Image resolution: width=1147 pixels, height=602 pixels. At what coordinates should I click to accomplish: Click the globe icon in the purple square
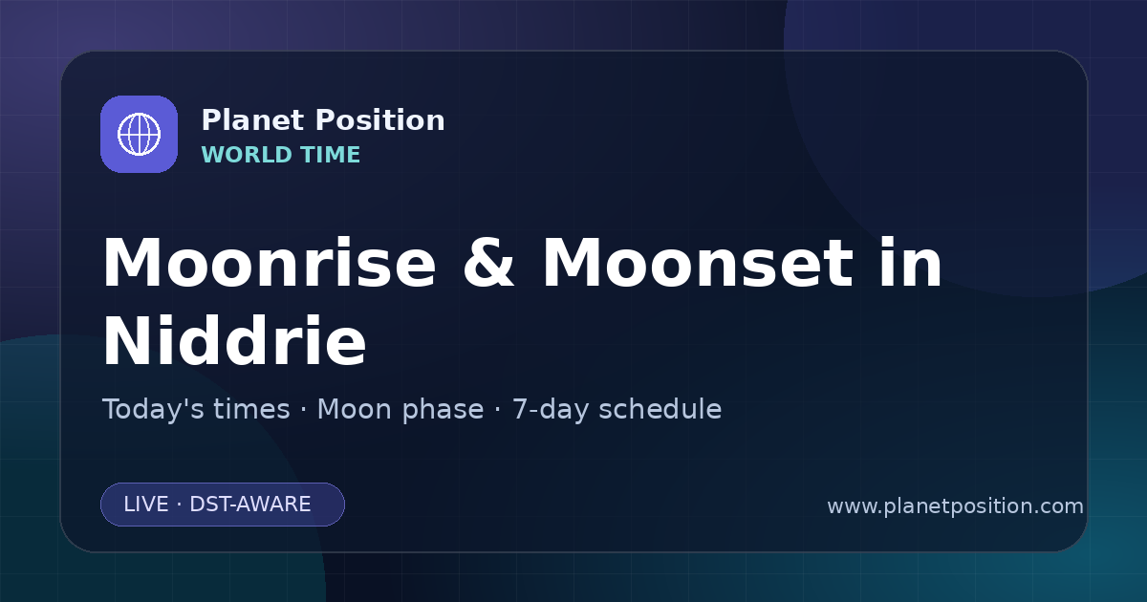tap(139, 134)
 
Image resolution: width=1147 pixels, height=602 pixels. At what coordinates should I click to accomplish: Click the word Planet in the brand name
tap(252, 120)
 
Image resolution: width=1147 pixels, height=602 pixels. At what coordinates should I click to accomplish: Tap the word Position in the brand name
tap(380, 120)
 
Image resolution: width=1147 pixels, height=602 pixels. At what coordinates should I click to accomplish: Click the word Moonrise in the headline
tap(270, 263)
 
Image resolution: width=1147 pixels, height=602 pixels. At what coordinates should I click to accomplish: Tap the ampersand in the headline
tap(488, 263)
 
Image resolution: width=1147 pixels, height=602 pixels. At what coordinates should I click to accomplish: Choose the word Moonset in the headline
tap(698, 263)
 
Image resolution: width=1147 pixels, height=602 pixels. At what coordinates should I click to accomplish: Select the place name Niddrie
tap(234, 340)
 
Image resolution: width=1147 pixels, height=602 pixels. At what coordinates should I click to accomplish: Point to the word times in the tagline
tap(251, 409)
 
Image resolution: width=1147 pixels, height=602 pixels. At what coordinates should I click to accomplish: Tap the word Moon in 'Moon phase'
tap(355, 409)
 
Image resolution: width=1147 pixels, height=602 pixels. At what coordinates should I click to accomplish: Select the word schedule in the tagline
tap(660, 409)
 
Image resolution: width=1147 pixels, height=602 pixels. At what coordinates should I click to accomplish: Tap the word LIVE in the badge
tap(146, 505)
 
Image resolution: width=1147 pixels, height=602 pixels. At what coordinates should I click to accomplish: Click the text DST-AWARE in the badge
tap(249, 505)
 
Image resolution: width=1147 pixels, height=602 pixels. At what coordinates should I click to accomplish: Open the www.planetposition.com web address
tap(955, 506)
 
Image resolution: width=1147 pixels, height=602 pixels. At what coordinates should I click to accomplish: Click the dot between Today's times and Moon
tap(304, 411)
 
